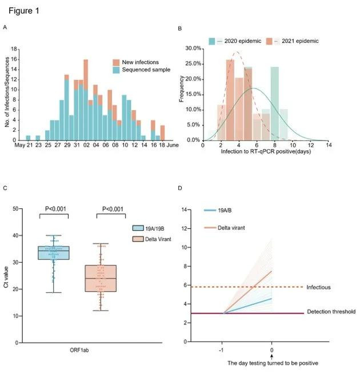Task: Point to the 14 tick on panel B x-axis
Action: (327, 146)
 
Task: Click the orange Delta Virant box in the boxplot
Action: (100, 278)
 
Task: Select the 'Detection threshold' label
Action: (330, 312)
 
